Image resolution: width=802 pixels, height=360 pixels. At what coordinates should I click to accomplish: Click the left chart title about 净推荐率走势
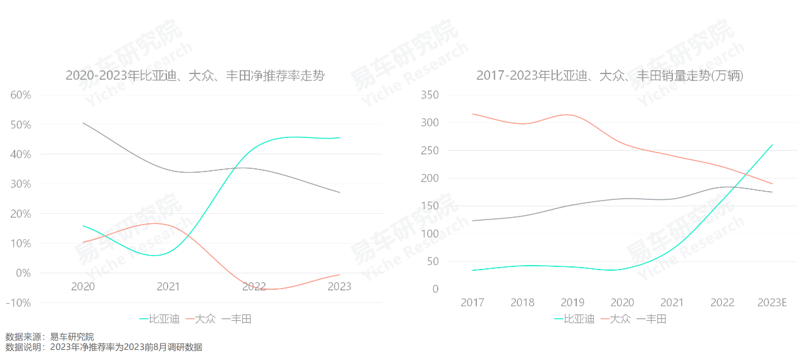tap(195, 76)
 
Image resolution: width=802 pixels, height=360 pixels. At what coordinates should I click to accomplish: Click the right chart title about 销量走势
tap(610, 76)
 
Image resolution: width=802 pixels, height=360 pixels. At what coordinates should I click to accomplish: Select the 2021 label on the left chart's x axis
tap(168, 287)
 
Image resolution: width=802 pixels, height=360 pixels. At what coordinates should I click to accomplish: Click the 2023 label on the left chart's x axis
tap(340, 287)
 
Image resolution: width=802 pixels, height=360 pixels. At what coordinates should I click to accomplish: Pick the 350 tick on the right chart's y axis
tap(430, 95)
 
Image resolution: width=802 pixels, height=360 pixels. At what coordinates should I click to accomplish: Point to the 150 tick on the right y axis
tap(430, 206)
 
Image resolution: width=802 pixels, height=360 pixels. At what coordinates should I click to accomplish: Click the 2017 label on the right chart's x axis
tap(472, 302)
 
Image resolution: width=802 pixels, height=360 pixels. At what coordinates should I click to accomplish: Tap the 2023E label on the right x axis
tap(772, 302)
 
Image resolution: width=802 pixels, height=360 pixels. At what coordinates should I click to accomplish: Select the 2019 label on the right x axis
tap(572, 302)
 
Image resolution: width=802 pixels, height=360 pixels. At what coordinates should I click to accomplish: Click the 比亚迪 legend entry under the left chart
tap(160, 319)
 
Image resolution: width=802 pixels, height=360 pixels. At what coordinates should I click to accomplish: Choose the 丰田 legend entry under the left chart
tap(237, 319)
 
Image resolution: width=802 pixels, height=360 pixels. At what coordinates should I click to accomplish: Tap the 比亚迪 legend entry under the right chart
tap(575, 319)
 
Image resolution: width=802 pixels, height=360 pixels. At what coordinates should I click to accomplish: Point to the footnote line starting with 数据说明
tap(104, 347)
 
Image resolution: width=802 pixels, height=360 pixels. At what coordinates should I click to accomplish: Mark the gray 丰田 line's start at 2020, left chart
tap(83, 123)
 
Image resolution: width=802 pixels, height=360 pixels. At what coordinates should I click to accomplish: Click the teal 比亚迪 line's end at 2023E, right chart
tap(772, 144)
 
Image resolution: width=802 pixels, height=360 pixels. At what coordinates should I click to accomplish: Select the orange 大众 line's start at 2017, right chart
tap(472, 114)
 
